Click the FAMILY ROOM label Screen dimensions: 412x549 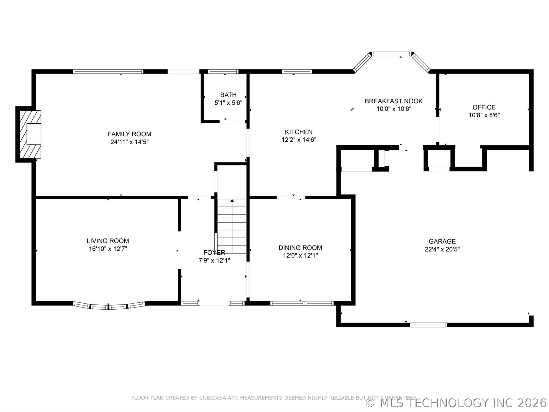(x=130, y=134)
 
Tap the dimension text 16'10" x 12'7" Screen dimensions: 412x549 (x=108, y=249)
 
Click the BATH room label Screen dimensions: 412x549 (x=228, y=95)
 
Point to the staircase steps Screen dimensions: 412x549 (x=232, y=229)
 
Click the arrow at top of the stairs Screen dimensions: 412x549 (x=232, y=201)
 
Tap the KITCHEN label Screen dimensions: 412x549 (x=299, y=132)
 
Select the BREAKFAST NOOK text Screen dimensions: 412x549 (x=393, y=101)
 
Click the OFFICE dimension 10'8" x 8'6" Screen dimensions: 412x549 (x=484, y=115)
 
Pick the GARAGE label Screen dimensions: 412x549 (x=442, y=241)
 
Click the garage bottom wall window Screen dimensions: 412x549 (x=428, y=325)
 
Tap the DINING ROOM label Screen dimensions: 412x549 (x=300, y=247)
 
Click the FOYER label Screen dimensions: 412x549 (x=214, y=252)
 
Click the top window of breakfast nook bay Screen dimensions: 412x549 (x=392, y=54)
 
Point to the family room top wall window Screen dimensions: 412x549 (x=108, y=72)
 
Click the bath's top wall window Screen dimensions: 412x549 (x=223, y=72)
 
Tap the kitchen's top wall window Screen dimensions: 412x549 (x=297, y=72)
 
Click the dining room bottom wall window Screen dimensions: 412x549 (x=302, y=303)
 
